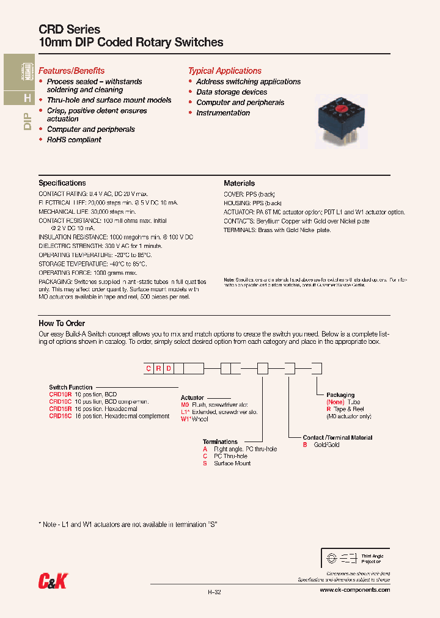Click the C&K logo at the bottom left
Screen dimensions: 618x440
point(52,582)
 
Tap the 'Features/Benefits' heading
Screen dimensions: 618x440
point(71,71)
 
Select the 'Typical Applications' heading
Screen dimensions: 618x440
point(224,71)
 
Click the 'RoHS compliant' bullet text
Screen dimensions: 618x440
point(74,140)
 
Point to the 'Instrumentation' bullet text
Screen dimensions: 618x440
point(223,113)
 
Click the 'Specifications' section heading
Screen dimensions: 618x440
point(62,183)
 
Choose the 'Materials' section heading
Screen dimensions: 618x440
point(239,183)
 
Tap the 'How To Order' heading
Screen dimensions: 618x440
point(62,323)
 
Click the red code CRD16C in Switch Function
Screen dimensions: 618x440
point(61,416)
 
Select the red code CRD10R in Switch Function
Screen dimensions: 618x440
point(61,394)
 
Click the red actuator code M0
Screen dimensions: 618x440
point(185,405)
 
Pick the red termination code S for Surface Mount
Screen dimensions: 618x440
point(205,463)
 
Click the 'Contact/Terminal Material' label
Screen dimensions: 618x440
point(337,438)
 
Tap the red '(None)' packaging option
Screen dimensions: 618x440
point(335,402)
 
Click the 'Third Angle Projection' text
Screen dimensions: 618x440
point(372,559)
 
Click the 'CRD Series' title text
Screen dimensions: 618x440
point(69,29)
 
